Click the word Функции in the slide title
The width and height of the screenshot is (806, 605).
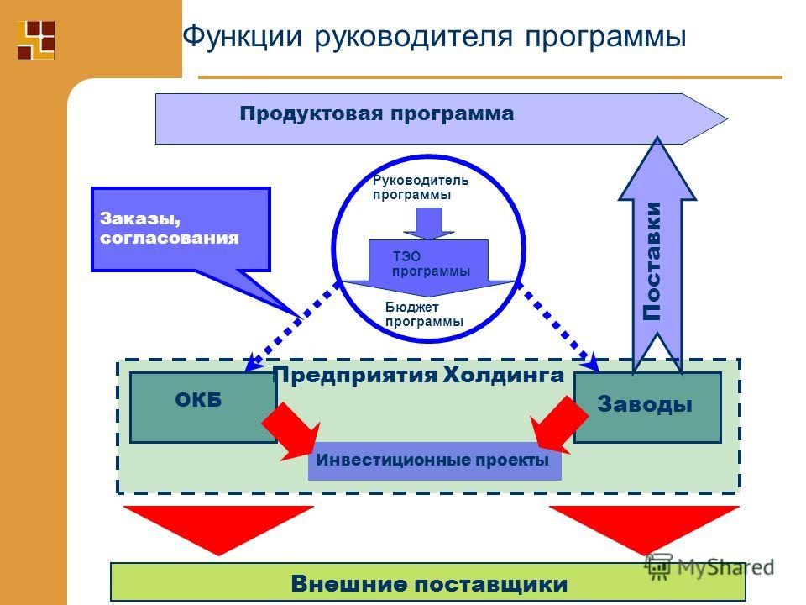[x=242, y=38]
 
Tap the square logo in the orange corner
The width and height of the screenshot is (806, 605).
[x=36, y=40]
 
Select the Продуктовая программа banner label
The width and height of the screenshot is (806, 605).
[x=377, y=113]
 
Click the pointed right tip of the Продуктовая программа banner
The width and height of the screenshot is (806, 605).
[x=727, y=118]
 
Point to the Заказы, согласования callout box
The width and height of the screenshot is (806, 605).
[x=181, y=229]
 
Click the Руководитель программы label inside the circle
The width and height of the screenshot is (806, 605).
[x=421, y=187]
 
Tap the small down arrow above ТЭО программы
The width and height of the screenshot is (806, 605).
[x=429, y=224]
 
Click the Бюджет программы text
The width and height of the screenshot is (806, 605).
[x=425, y=314]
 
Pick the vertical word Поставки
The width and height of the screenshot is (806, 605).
[x=652, y=260]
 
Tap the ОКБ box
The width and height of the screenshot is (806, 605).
[x=203, y=407]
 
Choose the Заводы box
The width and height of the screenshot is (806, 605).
[x=647, y=407]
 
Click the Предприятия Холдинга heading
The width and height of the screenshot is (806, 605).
[x=418, y=375]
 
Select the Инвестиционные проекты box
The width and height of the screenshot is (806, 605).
[x=434, y=461]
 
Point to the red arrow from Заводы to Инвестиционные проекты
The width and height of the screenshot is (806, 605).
[x=558, y=425]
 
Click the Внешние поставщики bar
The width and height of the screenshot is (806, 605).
[x=428, y=583]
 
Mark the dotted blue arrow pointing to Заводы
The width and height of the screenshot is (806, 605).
[x=557, y=326]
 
